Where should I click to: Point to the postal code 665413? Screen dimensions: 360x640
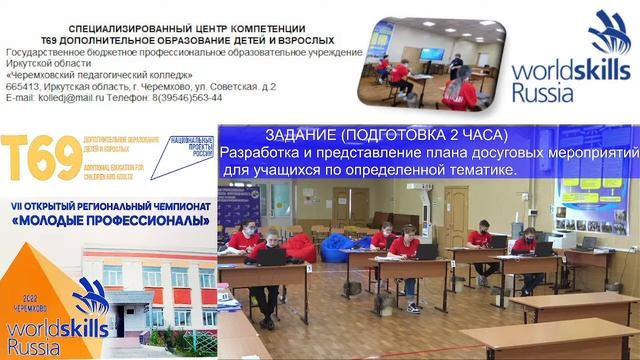[x=27, y=86]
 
